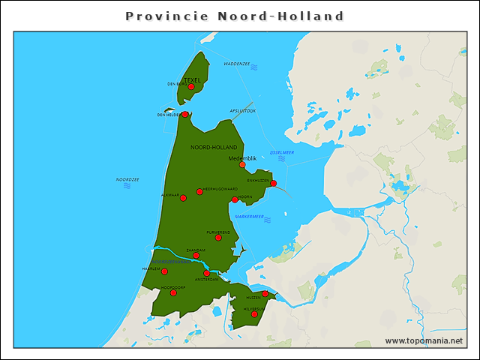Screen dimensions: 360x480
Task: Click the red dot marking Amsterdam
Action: (207, 273)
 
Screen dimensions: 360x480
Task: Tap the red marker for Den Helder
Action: (184, 115)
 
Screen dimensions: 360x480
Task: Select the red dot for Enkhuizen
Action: (274, 184)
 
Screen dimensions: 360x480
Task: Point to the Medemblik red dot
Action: (242, 165)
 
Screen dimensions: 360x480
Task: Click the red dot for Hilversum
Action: (254, 314)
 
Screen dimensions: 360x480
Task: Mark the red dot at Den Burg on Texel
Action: (191, 87)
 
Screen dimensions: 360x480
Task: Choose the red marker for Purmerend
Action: (218, 237)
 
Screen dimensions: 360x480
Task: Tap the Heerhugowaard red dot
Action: (199, 192)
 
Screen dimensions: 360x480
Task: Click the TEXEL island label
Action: (192, 79)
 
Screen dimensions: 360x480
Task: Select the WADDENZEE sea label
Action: (236, 64)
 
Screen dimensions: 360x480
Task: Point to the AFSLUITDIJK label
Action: (242, 110)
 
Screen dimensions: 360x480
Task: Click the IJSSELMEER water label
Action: (282, 152)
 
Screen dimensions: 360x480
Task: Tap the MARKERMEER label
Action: (250, 217)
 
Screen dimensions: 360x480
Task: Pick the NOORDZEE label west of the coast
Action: (127, 180)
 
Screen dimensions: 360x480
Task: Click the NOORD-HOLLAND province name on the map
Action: (214, 147)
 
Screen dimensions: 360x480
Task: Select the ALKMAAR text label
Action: (169, 195)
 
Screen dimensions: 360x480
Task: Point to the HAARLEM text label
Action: (151, 268)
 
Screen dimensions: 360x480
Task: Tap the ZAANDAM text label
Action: (196, 250)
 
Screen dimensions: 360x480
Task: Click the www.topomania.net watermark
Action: (424, 340)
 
